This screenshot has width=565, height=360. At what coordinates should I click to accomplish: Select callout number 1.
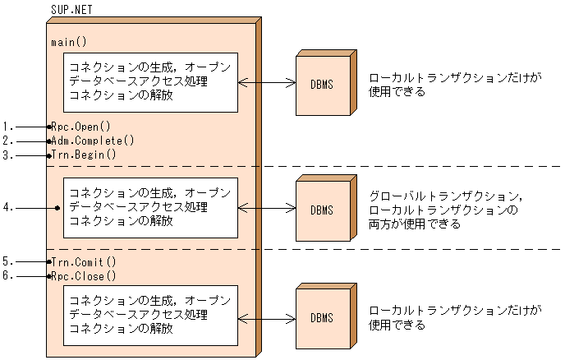(7, 127)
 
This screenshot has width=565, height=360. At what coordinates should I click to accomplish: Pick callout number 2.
(7, 141)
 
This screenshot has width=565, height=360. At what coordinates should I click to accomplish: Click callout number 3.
(7, 154)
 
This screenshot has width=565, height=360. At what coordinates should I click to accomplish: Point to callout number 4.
(7, 208)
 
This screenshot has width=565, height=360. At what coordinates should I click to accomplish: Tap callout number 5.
(7, 262)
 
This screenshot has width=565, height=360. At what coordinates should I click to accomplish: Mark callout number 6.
(7, 276)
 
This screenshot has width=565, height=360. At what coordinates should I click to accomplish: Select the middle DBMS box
(323, 210)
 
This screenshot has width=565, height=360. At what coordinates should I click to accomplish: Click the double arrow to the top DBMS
(267, 82)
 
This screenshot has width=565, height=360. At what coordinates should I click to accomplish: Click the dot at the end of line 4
(57, 208)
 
